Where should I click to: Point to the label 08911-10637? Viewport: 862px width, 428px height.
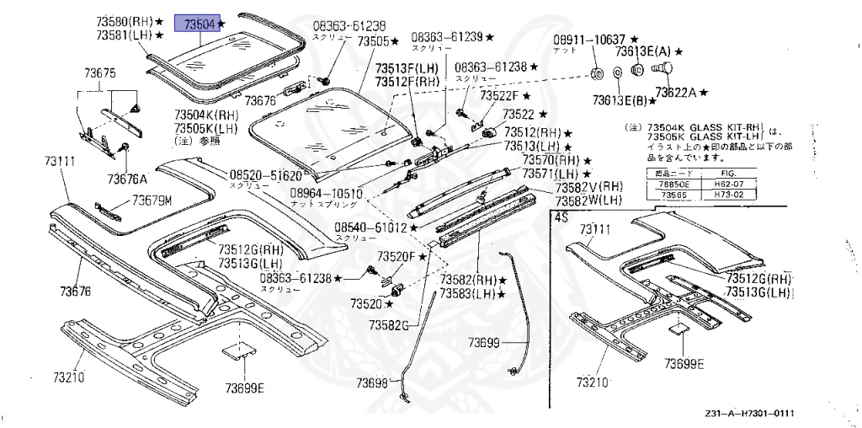pos(588,40)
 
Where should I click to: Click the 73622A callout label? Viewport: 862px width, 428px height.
pos(678,92)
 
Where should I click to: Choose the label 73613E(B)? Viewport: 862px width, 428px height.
pos(619,101)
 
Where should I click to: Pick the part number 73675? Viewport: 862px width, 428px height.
pos(98,75)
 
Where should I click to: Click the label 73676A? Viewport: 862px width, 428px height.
pos(127,179)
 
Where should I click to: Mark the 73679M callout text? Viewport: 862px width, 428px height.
pos(152,201)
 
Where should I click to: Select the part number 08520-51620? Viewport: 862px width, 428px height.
pos(265,175)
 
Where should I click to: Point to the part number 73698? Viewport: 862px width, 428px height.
pos(371,383)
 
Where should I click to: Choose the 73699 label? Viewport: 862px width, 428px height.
pos(484,342)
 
